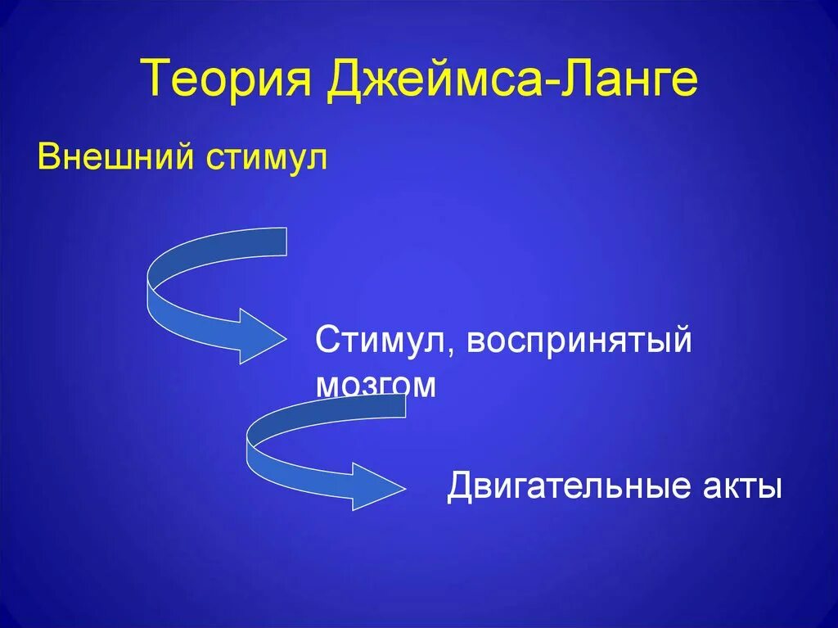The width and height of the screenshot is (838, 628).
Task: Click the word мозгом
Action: point(376,385)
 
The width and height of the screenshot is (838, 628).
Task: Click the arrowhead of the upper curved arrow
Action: point(260,335)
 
